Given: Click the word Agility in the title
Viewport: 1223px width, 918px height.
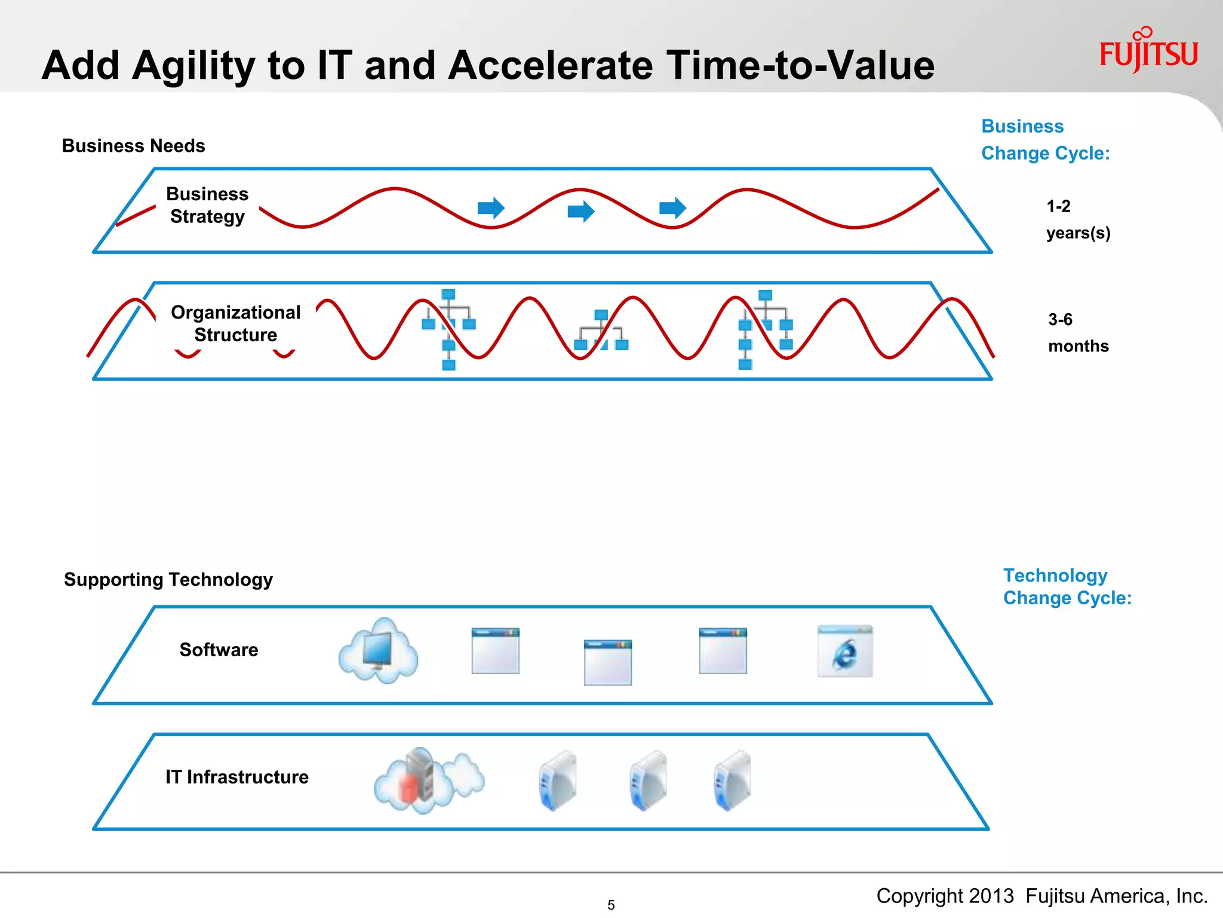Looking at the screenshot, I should [x=193, y=66].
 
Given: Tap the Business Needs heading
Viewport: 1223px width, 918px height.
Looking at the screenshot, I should [x=133, y=146].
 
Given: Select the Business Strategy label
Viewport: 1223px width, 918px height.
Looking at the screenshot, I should [x=207, y=205].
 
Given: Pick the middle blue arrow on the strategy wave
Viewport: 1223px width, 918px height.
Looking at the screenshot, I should [x=580, y=211].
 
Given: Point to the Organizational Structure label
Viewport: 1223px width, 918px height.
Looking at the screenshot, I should [x=235, y=323].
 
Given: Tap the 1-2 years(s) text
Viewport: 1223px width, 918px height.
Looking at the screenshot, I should [x=1078, y=219].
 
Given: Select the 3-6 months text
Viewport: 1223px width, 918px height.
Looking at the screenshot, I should [x=1078, y=333].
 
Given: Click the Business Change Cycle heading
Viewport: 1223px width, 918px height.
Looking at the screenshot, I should [x=1045, y=140].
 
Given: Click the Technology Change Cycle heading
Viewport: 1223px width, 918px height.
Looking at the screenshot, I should [x=1067, y=586].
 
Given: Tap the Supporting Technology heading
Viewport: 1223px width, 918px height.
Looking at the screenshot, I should [x=168, y=579].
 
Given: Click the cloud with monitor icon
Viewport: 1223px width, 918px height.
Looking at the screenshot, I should [x=378, y=651].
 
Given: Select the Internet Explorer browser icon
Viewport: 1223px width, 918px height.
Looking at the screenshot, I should [x=844, y=651].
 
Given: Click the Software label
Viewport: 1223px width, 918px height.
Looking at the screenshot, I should [x=219, y=650].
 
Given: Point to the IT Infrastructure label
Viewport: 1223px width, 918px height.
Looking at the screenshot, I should [x=236, y=776].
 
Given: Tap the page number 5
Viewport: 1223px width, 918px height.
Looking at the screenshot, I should [x=610, y=905].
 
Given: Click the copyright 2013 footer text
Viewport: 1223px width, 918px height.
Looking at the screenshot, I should [x=1041, y=896].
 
